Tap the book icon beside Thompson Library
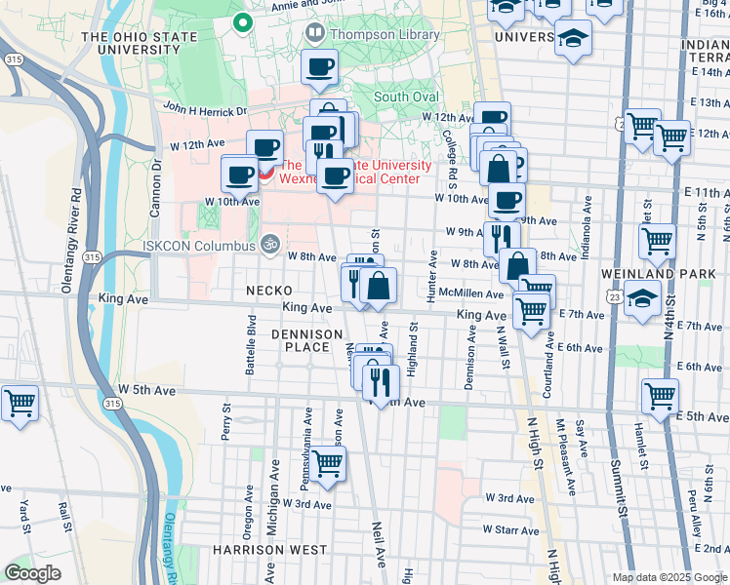315,34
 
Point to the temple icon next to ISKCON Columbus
270,243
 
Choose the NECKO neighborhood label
269,291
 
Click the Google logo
33,573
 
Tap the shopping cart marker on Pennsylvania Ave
327,464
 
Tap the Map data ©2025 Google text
669,577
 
